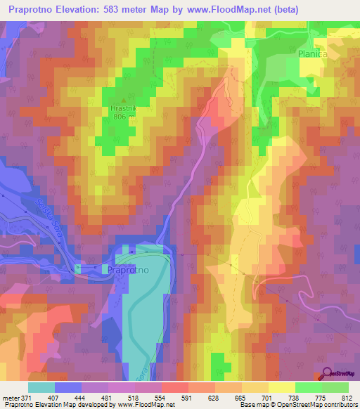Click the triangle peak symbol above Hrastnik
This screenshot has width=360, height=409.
tap(124, 100)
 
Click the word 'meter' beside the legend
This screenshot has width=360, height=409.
tap(11, 397)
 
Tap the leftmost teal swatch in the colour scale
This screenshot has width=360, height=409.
tap(41, 387)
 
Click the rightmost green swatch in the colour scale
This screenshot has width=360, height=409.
tap(335, 387)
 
